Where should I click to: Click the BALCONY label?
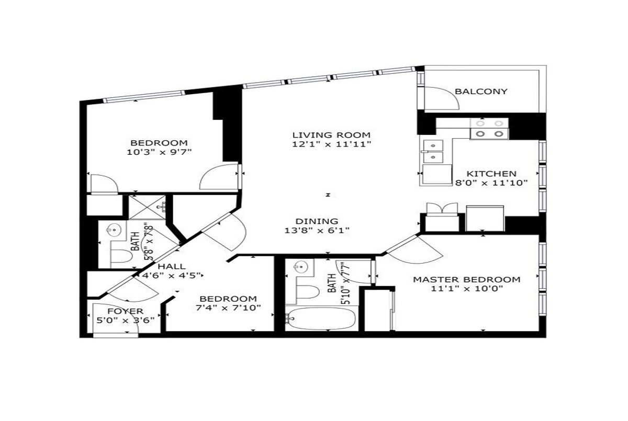click(x=481, y=92)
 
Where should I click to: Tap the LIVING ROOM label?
click(x=331, y=135)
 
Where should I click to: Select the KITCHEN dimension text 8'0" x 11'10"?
click(x=491, y=183)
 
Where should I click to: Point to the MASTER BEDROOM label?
click(x=467, y=280)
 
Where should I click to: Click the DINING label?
click(x=317, y=221)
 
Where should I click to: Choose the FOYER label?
click(x=125, y=311)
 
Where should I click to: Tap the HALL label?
click(x=172, y=266)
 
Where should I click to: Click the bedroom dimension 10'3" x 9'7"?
click(x=159, y=152)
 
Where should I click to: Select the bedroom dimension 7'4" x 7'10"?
click(x=228, y=308)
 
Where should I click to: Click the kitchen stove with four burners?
click(x=489, y=129)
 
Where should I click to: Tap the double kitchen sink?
click(x=433, y=152)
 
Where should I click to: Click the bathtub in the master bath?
click(x=320, y=318)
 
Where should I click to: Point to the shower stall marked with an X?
click(x=148, y=208)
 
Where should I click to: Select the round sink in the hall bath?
click(x=114, y=231)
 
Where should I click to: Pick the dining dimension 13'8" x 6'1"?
click(x=317, y=231)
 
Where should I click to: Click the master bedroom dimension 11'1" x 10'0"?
click(x=467, y=289)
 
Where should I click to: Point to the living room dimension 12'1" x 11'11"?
click(x=331, y=144)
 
